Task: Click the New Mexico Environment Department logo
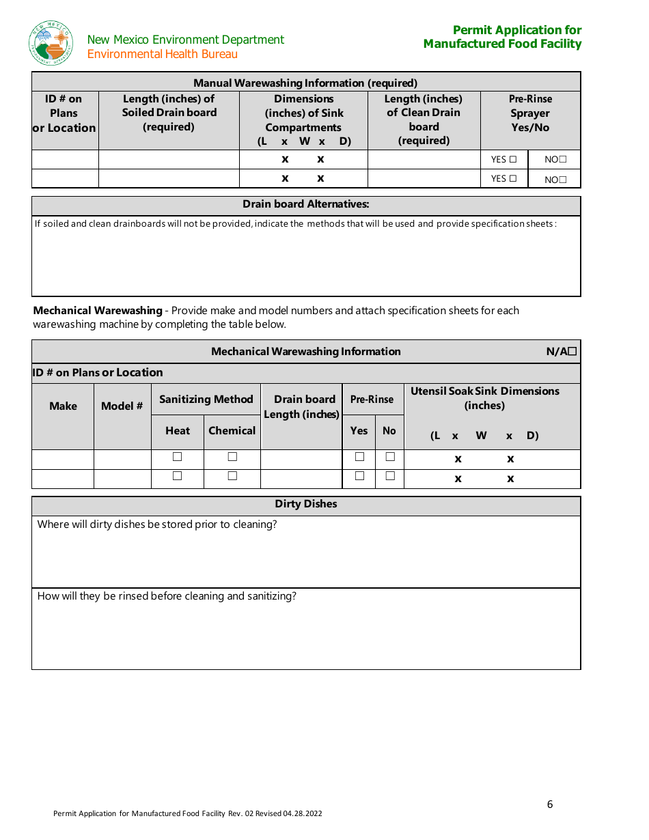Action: (51, 42)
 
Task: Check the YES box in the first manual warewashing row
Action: (513, 160)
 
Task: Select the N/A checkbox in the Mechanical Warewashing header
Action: (572, 352)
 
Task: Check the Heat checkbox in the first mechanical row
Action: (177, 457)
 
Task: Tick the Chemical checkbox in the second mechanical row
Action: (232, 476)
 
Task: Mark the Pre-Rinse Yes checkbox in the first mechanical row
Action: (359, 457)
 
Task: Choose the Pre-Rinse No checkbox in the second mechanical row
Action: (390, 476)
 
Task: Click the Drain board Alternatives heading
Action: (306, 204)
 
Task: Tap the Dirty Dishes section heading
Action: (306, 504)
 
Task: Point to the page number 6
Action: (550, 804)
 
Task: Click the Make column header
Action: (63, 406)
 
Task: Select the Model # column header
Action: (122, 406)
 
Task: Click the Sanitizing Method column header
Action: (206, 400)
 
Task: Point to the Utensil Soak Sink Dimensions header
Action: (485, 398)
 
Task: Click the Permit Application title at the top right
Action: (503, 37)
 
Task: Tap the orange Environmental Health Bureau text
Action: (163, 54)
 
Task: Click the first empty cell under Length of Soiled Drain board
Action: (169, 160)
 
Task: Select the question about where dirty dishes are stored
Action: (157, 524)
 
